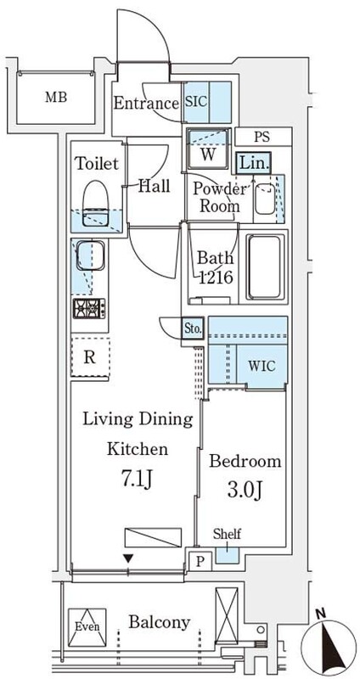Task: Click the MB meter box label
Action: pyautogui.click(x=56, y=98)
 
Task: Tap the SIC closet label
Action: pyautogui.click(x=196, y=102)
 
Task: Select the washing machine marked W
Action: pyautogui.click(x=207, y=149)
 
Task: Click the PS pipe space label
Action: pyautogui.click(x=262, y=137)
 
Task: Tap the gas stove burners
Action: pyautogui.click(x=89, y=308)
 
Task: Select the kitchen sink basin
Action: pyautogui.click(x=90, y=255)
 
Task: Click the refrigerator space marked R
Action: pyautogui.click(x=90, y=357)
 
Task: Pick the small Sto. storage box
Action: pyautogui.click(x=192, y=329)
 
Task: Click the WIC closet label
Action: pyautogui.click(x=262, y=366)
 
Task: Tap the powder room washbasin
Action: pyautogui.click(x=265, y=199)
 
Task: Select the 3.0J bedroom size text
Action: pyautogui.click(x=244, y=490)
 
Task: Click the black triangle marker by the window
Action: pyautogui.click(x=128, y=558)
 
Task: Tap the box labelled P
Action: pyautogui.click(x=200, y=562)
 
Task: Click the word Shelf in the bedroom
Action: pyautogui.click(x=227, y=534)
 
